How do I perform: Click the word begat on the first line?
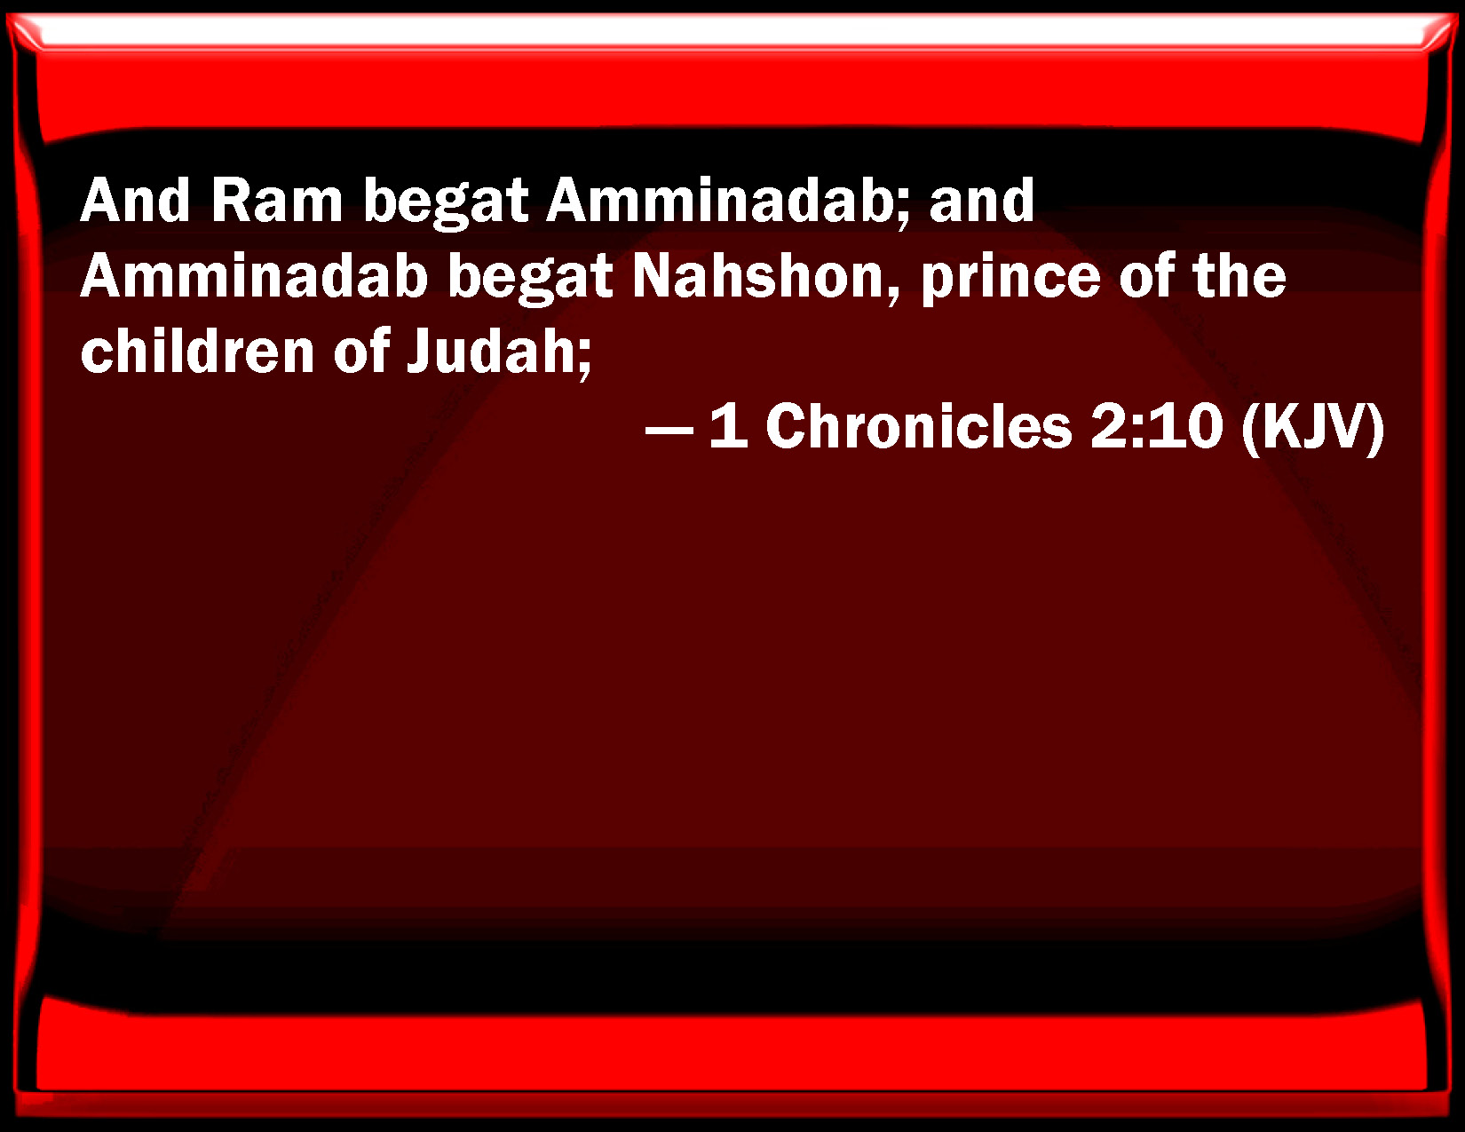click(x=446, y=202)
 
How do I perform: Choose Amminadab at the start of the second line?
click(x=254, y=276)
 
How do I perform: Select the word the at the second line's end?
click(x=1239, y=276)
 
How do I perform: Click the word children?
click(x=197, y=352)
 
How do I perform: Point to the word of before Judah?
click(x=361, y=352)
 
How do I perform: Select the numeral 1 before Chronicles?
click(x=728, y=426)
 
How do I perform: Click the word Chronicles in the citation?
click(x=918, y=426)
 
